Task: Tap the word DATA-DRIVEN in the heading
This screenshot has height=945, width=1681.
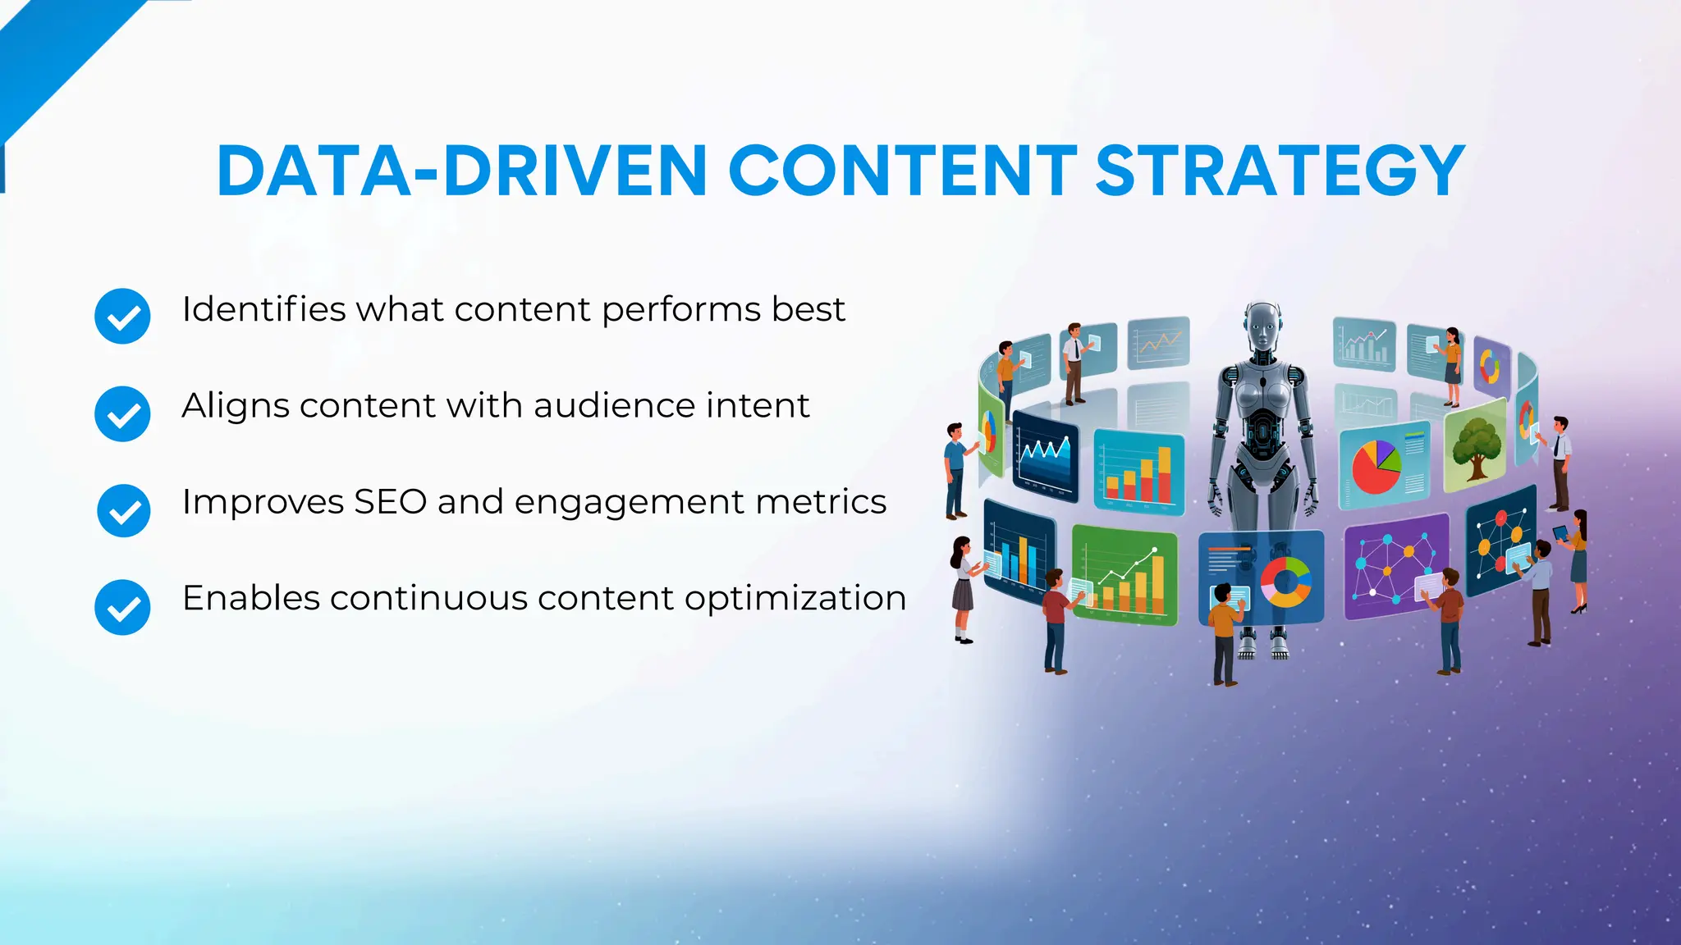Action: [x=461, y=171]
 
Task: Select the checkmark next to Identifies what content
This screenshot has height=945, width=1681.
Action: [x=122, y=316]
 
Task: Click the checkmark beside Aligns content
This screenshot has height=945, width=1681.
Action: [x=122, y=413]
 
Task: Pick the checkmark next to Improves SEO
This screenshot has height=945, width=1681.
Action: [x=123, y=510]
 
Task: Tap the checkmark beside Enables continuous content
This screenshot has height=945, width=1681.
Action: [x=122, y=607]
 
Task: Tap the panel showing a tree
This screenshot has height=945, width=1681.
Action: [x=1475, y=447]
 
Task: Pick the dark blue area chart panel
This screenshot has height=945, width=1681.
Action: [x=1044, y=455]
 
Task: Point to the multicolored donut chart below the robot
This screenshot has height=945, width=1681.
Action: [x=1285, y=581]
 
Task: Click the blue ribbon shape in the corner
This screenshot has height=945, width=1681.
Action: [x=57, y=57]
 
